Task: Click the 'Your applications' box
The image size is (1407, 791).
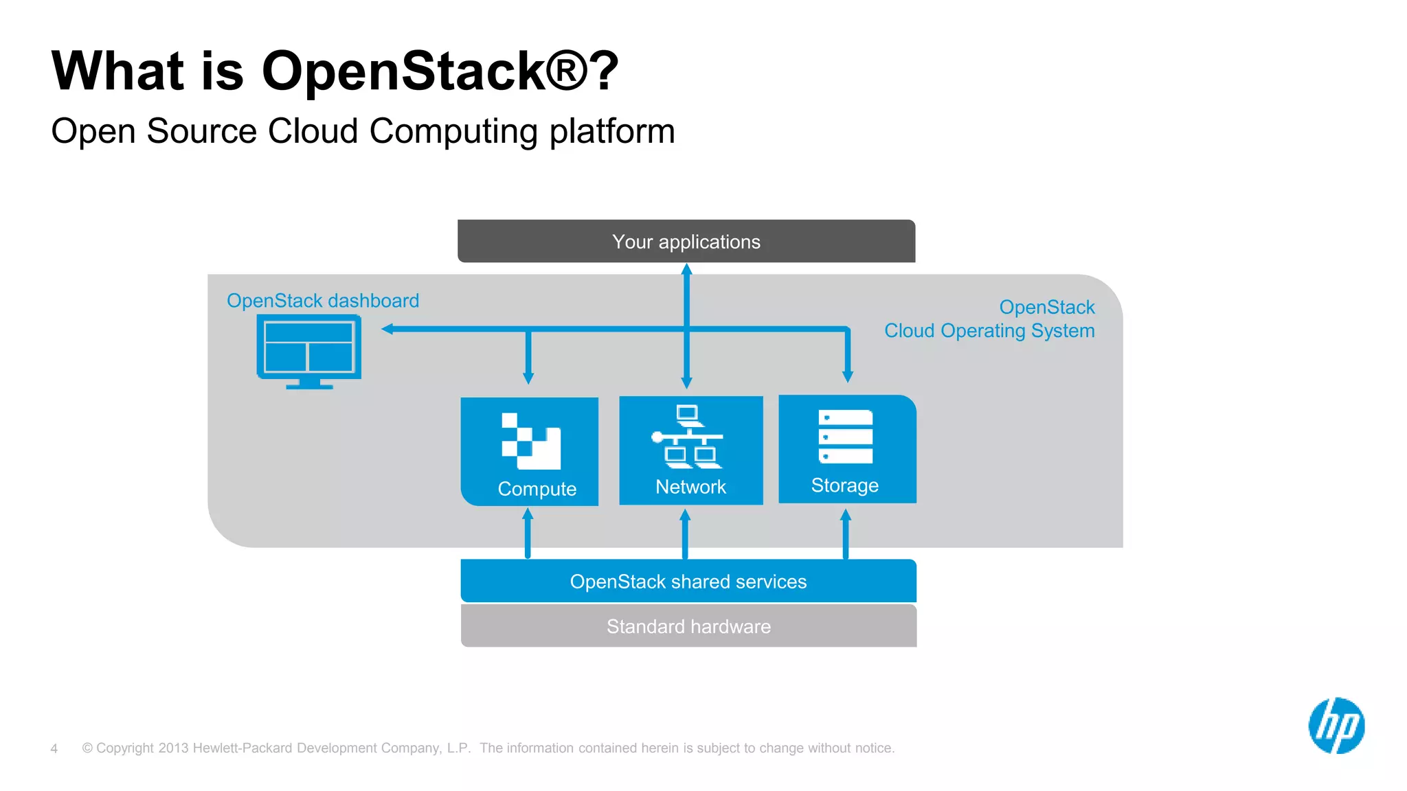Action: coord(686,242)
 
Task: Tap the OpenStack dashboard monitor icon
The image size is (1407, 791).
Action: coord(309,350)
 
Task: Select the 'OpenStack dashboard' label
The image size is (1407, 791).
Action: coord(323,301)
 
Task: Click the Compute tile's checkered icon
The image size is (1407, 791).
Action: coord(530,441)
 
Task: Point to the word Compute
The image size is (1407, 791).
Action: coord(537,489)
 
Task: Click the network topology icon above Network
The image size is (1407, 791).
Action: coord(687,437)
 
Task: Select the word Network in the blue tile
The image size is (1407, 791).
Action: coord(690,487)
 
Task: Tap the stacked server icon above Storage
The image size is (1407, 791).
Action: coord(846,437)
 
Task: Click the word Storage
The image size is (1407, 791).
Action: coord(844,485)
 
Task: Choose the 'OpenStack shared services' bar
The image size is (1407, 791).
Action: coord(688,582)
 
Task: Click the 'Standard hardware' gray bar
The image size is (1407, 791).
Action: coord(688,626)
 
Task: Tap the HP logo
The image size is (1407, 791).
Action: coord(1336,726)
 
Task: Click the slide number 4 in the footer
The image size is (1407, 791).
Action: coord(54,748)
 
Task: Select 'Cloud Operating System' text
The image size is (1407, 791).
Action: coord(989,331)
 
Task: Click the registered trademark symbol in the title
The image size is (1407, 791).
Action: coord(567,70)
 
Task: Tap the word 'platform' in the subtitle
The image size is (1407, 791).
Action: coord(612,131)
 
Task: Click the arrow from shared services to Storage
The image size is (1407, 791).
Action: coord(846,534)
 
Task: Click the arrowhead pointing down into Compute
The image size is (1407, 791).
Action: coord(528,377)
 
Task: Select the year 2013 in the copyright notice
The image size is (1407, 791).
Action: coord(173,748)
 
